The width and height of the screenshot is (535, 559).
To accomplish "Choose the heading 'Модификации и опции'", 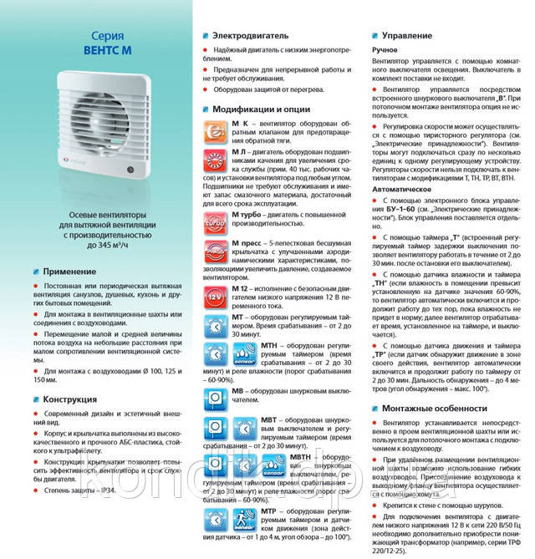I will [x=259, y=109].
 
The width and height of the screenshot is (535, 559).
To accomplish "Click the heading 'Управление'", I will [x=407, y=36].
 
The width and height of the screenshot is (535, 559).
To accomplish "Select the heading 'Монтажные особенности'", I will [x=434, y=408].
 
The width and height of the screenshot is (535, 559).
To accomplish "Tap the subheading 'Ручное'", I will [x=385, y=51].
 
